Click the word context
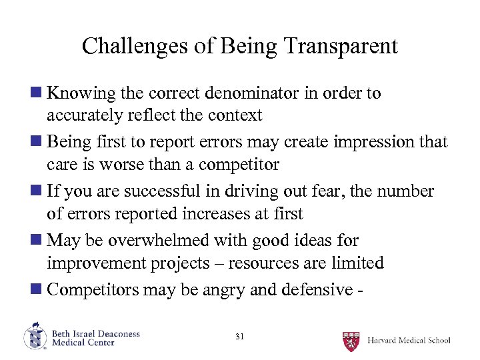236,115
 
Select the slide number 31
240,337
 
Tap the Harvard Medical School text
409,341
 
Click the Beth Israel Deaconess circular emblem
35,337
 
